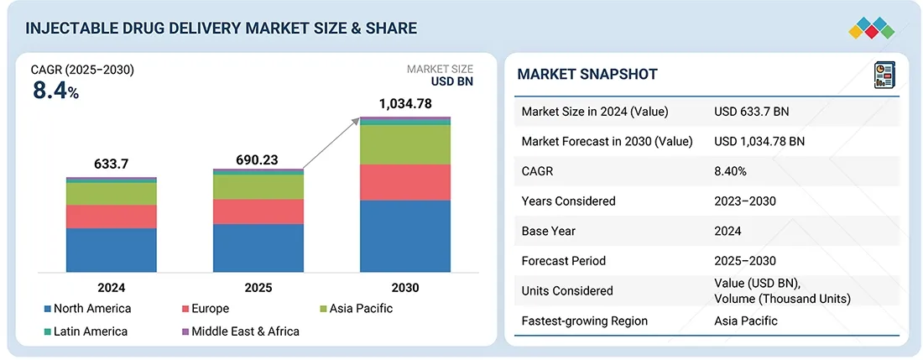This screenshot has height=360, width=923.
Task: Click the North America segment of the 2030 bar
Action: [405, 236]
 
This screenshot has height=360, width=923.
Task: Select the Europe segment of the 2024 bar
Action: [112, 217]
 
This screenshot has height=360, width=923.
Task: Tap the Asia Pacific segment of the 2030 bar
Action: [405, 144]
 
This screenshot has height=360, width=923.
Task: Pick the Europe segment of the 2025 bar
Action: [258, 211]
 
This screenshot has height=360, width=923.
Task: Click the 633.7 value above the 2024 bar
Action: [112, 164]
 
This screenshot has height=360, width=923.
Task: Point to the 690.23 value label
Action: [258, 160]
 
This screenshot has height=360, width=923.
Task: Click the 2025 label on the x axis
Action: [258, 287]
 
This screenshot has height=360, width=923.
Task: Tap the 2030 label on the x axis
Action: [405, 287]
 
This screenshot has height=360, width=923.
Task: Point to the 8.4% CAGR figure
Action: [55, 91]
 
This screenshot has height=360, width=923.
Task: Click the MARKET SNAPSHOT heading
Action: [587, 74]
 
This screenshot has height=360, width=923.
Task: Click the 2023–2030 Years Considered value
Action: [745, 201]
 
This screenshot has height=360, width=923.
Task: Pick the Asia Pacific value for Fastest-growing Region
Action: [745, 321]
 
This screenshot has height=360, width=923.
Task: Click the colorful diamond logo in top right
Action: [872, 27]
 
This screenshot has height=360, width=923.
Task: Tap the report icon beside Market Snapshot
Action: [884, 75]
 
